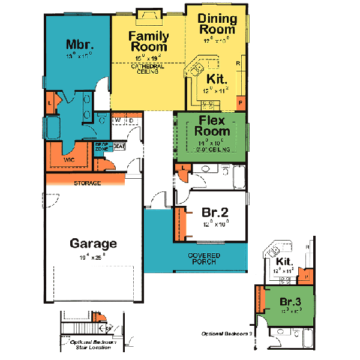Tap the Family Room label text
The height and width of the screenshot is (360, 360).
coord(149,41)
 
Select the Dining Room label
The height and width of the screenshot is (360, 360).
coord(217,24)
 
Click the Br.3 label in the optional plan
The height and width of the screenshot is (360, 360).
coord(290,301)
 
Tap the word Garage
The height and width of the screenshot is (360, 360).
coord(93,244)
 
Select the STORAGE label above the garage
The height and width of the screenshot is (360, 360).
coord(88,182)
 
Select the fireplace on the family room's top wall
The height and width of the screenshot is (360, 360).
coord(147,15)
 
